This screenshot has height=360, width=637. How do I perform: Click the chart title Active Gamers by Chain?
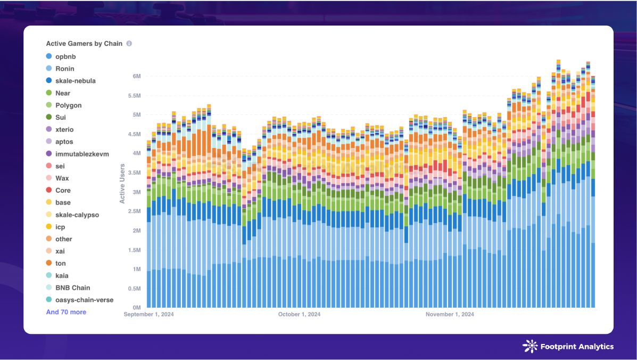(84, 44)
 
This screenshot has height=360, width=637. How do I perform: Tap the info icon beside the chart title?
(129, 44)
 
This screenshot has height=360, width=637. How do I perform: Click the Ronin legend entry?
(64, 69)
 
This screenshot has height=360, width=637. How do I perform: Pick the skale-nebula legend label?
(75, 81)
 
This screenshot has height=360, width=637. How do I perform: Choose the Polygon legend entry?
(68, 105)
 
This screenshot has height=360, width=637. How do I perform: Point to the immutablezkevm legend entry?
(81, 154)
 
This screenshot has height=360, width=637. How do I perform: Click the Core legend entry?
(63, 190)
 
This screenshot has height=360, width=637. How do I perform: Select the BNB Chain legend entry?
(72, 288)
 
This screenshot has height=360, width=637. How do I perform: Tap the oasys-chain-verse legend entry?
(84, 300)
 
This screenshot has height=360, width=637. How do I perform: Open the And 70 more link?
(66, 312)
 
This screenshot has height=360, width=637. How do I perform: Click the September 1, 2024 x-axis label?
(149, 315)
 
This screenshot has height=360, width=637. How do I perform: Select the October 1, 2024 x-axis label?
(299, 315)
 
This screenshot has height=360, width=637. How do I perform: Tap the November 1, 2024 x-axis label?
(450, 315)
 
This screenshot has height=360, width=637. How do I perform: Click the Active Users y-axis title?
(122, 183)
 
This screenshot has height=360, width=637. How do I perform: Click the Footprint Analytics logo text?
(576, 347)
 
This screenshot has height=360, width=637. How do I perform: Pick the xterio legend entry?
(64, 129)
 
